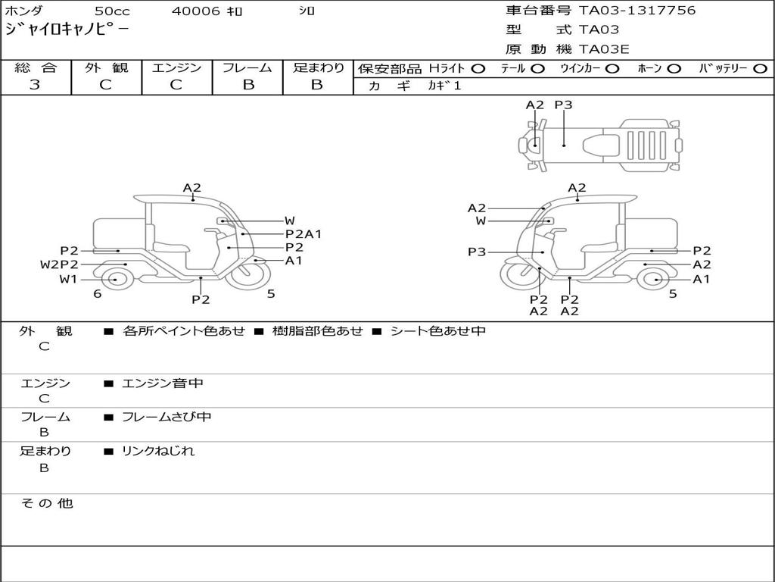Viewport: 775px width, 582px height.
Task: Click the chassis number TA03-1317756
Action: point(637,11)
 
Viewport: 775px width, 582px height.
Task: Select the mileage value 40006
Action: point(196,11)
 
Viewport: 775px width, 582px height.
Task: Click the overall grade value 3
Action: point(35,85)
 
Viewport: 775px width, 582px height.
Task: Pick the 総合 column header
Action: point(35,68)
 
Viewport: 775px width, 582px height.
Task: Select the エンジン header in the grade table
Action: point(176,68)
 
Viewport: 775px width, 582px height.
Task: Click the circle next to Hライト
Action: point(478,69)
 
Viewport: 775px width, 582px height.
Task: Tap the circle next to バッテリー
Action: point(760,69)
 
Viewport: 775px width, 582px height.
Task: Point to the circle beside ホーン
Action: point(674,69)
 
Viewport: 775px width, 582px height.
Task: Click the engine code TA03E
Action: point(605,50)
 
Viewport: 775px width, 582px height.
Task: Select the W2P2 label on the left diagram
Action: point(59,264)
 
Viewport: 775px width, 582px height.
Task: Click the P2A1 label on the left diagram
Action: point(303,234)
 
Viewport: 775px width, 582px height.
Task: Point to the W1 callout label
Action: point(69,279)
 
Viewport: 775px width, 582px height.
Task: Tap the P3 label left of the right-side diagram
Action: point(477,252)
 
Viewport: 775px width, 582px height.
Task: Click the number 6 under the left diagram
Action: point(98,294)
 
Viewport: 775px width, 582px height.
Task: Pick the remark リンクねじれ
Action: point(158,451)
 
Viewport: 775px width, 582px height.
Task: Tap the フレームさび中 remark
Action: point(167,417)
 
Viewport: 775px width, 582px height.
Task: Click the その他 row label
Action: point(47,503)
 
